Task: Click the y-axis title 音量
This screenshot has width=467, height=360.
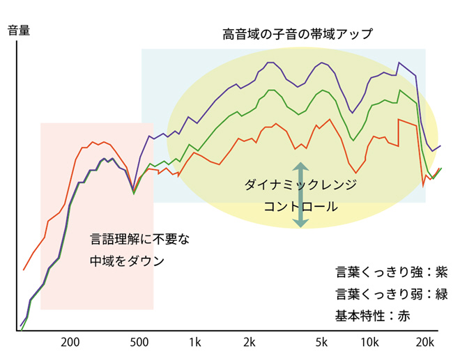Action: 19,31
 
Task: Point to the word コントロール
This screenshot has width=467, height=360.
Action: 300,207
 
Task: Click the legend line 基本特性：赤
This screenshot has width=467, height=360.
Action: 373,315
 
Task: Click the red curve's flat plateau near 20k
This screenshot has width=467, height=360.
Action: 407,121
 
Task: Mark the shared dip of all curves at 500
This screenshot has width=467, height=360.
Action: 133,191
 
